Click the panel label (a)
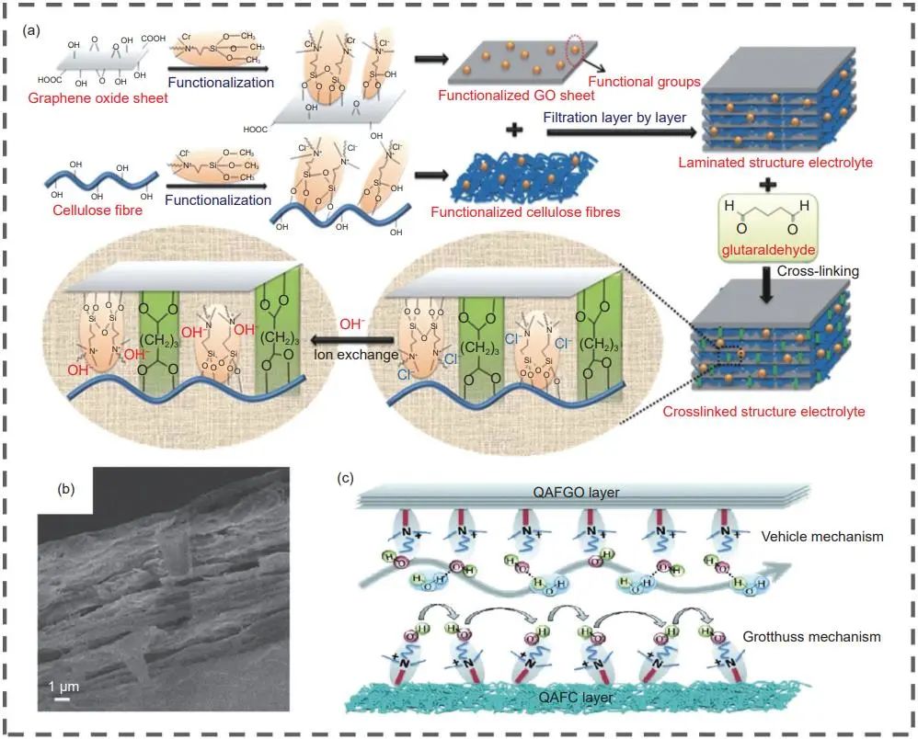pyautogui.click(x=31, y=30)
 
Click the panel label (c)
pyautogui.click(x=343, y=478)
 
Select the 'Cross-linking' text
pyautogui.click(x=817, y=272)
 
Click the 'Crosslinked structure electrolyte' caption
pyautogui.click(x=764, y=411)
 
